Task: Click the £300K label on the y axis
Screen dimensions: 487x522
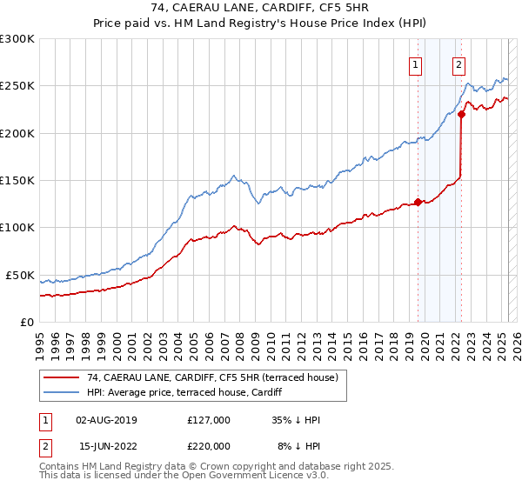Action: (x=17, y=39)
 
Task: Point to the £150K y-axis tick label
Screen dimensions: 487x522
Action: (x=17, y=180)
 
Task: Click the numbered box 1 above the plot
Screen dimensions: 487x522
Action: (x=415, y=63)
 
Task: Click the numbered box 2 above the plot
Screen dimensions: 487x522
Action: (x=458, y=63)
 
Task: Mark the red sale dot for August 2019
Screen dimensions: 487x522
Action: (x=418, y=202)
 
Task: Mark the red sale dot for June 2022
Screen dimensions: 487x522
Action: (x=461, y=114)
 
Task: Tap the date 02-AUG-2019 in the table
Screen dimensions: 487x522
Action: (x=106, y=420)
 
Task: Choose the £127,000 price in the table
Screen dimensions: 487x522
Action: (x=208, y=420)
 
